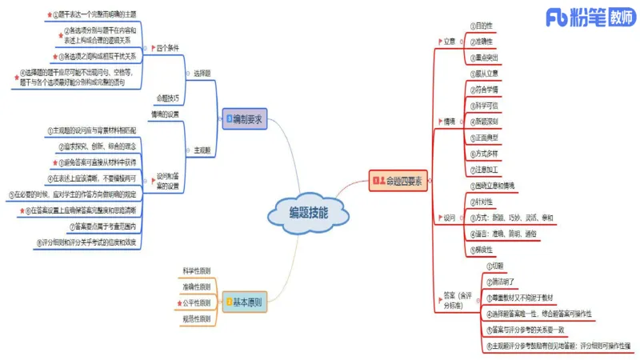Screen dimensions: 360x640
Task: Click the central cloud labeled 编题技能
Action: coord(308,212)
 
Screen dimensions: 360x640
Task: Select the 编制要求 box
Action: coord(245,118)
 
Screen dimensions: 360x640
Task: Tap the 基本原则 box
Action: coord(244,302)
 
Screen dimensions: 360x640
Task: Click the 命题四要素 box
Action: coord(399,181)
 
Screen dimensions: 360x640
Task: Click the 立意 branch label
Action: coord(450,41)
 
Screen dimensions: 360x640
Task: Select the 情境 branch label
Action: coord(450,122)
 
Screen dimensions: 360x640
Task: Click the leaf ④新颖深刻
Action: coord(486,122)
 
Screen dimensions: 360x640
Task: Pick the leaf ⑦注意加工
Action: coord(486,170)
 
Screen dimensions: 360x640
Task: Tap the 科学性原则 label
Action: coord(197,271)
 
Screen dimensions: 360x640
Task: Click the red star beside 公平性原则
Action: coord(178,303)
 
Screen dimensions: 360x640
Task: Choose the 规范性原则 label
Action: coord(197,319)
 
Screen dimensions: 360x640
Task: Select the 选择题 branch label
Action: coord(201,74)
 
